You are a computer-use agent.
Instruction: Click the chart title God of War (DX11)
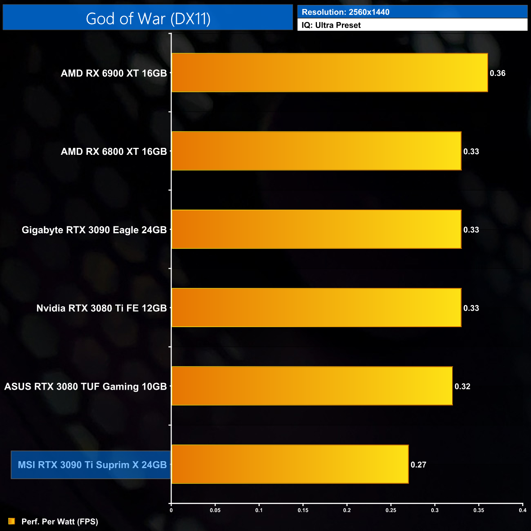tap(148, 18)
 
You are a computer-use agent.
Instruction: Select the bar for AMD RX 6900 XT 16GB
tap(330, 73)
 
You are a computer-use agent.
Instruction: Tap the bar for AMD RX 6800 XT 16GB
tap(317, 151)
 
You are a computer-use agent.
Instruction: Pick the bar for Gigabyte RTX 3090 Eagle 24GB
tap(317, 229)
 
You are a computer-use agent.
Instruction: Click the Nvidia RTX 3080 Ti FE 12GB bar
tap(317, 308)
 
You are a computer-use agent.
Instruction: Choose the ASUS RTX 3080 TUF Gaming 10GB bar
tap(312, 386)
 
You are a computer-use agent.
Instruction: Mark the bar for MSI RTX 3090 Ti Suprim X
tap(290, 464)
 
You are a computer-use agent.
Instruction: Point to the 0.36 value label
tap(498, 73)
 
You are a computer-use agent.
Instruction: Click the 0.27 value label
tap(418, 465)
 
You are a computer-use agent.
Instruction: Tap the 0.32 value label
tap(462, 386)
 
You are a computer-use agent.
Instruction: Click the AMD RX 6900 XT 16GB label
tap(114, 73)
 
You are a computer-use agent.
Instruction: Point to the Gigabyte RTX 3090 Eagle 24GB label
tap(94, 230)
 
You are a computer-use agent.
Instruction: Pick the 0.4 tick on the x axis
tap(522, 510)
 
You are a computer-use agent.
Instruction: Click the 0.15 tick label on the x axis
tap(303, 510)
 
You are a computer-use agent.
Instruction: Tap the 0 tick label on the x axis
tap(171, 510)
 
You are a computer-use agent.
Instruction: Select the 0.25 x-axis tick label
tap(391, 510)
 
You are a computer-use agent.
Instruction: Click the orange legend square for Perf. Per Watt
tap(11, 521)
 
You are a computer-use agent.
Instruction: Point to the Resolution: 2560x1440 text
tap(346, 12)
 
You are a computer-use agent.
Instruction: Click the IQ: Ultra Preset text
tap(331, 25)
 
